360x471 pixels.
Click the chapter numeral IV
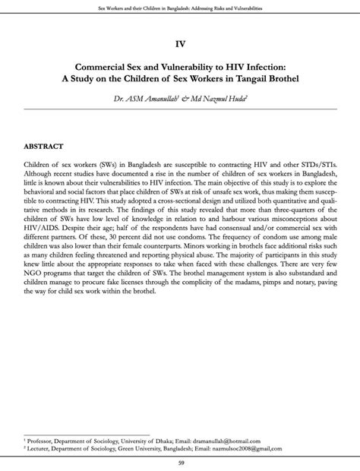[180, 44]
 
